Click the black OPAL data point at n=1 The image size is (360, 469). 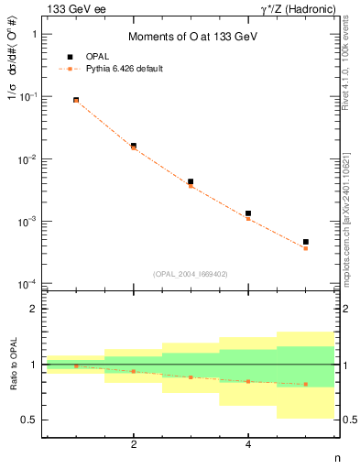(x=76, y=100)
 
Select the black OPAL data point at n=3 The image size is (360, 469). (x=191, y=181)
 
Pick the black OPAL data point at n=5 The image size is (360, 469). (x=306, y=242)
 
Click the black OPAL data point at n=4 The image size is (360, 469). (x=248, y=213)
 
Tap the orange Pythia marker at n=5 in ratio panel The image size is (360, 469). (x=306, y=385)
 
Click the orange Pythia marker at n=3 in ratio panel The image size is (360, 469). (x=191, y=377)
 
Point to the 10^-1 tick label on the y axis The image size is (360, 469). (x=29, y=96)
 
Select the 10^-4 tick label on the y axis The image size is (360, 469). (x=29, y=284)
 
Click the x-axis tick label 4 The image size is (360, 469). (x=248, y=444)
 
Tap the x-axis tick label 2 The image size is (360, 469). (x=134, y=444)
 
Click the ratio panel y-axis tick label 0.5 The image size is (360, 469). (x=30, y=420)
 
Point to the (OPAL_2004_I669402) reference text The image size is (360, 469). (x=191, y=273)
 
